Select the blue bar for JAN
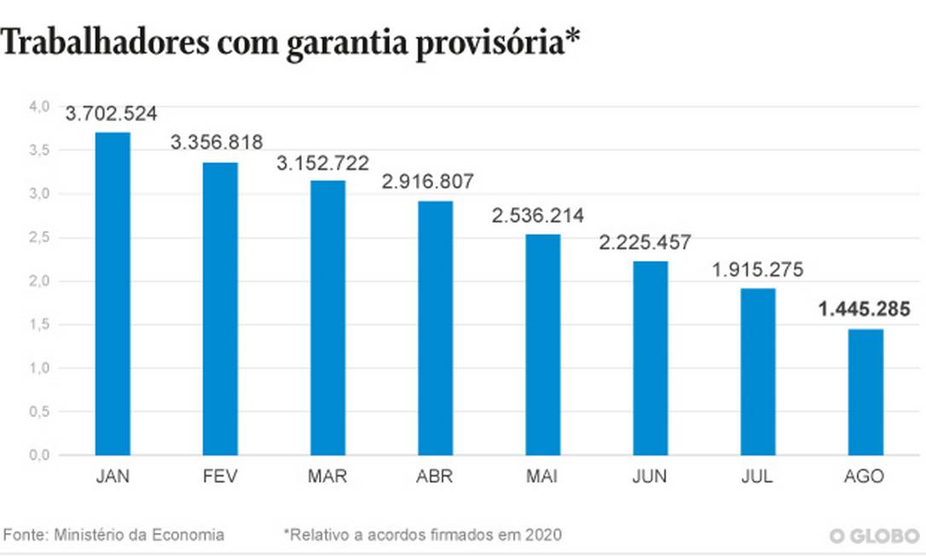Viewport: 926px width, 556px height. (x=113, y=293)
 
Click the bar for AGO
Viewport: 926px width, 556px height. (x=865, y=391)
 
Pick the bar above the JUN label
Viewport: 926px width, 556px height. (x=650, y=357)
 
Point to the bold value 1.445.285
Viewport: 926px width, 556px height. (x=865, y=310)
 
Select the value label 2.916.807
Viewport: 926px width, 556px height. (x=434, y=182)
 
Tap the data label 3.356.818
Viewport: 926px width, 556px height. (x=217, y=142)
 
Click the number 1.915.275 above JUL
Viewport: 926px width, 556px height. (x=758, y=269)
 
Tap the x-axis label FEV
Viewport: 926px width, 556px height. (x=220, y=477)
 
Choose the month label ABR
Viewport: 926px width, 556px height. (x=435, y=477)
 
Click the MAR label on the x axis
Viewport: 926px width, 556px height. (x=327, y=477)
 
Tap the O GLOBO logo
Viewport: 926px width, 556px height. (x=874, y=536)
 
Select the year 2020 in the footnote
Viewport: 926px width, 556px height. (x=544, y=535)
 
